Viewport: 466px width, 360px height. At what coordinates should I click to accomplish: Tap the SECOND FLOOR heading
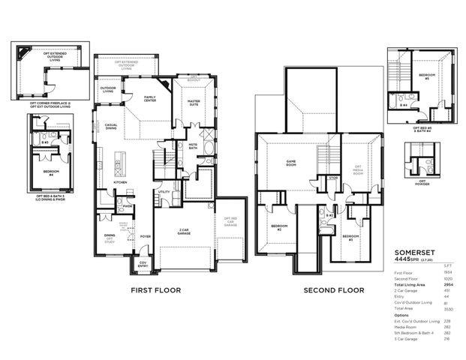point(333,289)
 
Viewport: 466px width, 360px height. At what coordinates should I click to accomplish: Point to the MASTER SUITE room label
point(193,102)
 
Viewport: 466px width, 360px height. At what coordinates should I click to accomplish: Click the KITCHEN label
point(120,182)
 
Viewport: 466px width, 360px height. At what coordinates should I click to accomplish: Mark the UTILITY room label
point(164,192)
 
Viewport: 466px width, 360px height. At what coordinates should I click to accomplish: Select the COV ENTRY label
point(142,263)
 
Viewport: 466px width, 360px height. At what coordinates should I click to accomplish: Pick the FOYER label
point(145,236)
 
